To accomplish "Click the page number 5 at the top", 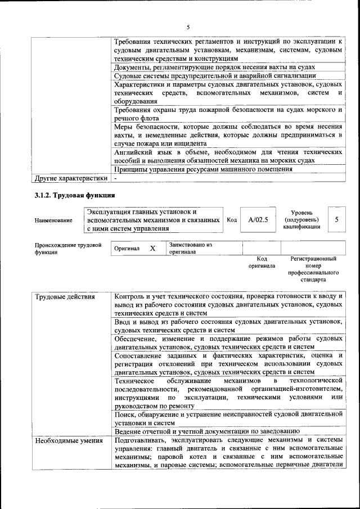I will [188, 26].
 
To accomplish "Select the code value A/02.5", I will [258, 220].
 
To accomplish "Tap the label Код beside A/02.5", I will [231, 220].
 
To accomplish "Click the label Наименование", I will [53, 220].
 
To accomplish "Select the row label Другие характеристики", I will [70, 178].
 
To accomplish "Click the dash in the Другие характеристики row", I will [116, 178].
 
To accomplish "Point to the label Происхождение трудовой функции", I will [67, 249].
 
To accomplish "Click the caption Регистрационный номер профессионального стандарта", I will [313, 269].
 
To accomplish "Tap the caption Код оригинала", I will [262, 262].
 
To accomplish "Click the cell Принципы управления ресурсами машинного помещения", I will [203, 169].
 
